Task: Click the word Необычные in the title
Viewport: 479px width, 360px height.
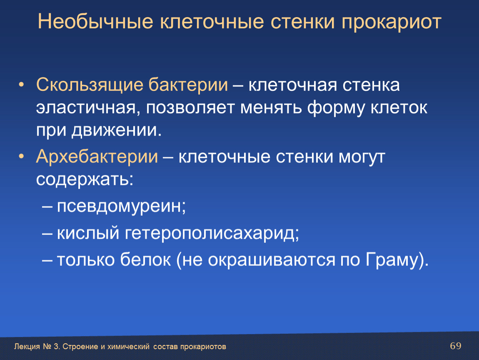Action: [x=95, y=22]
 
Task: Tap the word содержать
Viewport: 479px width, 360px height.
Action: [x=85, y=180]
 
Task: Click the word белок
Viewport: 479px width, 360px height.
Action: [x=145, y=260]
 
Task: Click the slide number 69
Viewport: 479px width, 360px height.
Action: [x=456, y=346]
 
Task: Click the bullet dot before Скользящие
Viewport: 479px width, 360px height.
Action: [x=21, y=85]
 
